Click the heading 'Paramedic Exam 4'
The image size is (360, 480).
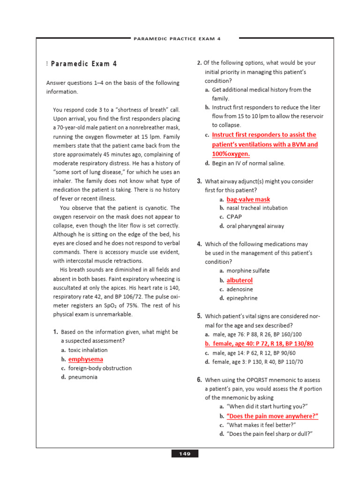(84, 64)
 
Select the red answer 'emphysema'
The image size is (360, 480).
(86, 359)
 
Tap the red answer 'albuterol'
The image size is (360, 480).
(240, 280)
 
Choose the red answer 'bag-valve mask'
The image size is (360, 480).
(248, 199)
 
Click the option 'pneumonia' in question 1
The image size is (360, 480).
(83, 377)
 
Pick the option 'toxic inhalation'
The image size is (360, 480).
(88, 350)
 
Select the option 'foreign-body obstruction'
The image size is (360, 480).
(100, 368)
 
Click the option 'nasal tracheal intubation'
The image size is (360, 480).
(257, 208)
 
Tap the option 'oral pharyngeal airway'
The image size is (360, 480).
(255, 226)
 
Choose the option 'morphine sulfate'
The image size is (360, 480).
(248, 271)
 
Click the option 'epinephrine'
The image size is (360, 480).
(242, 298)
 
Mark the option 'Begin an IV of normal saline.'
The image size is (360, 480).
(248, 164)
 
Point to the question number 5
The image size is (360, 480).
(199, 316)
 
